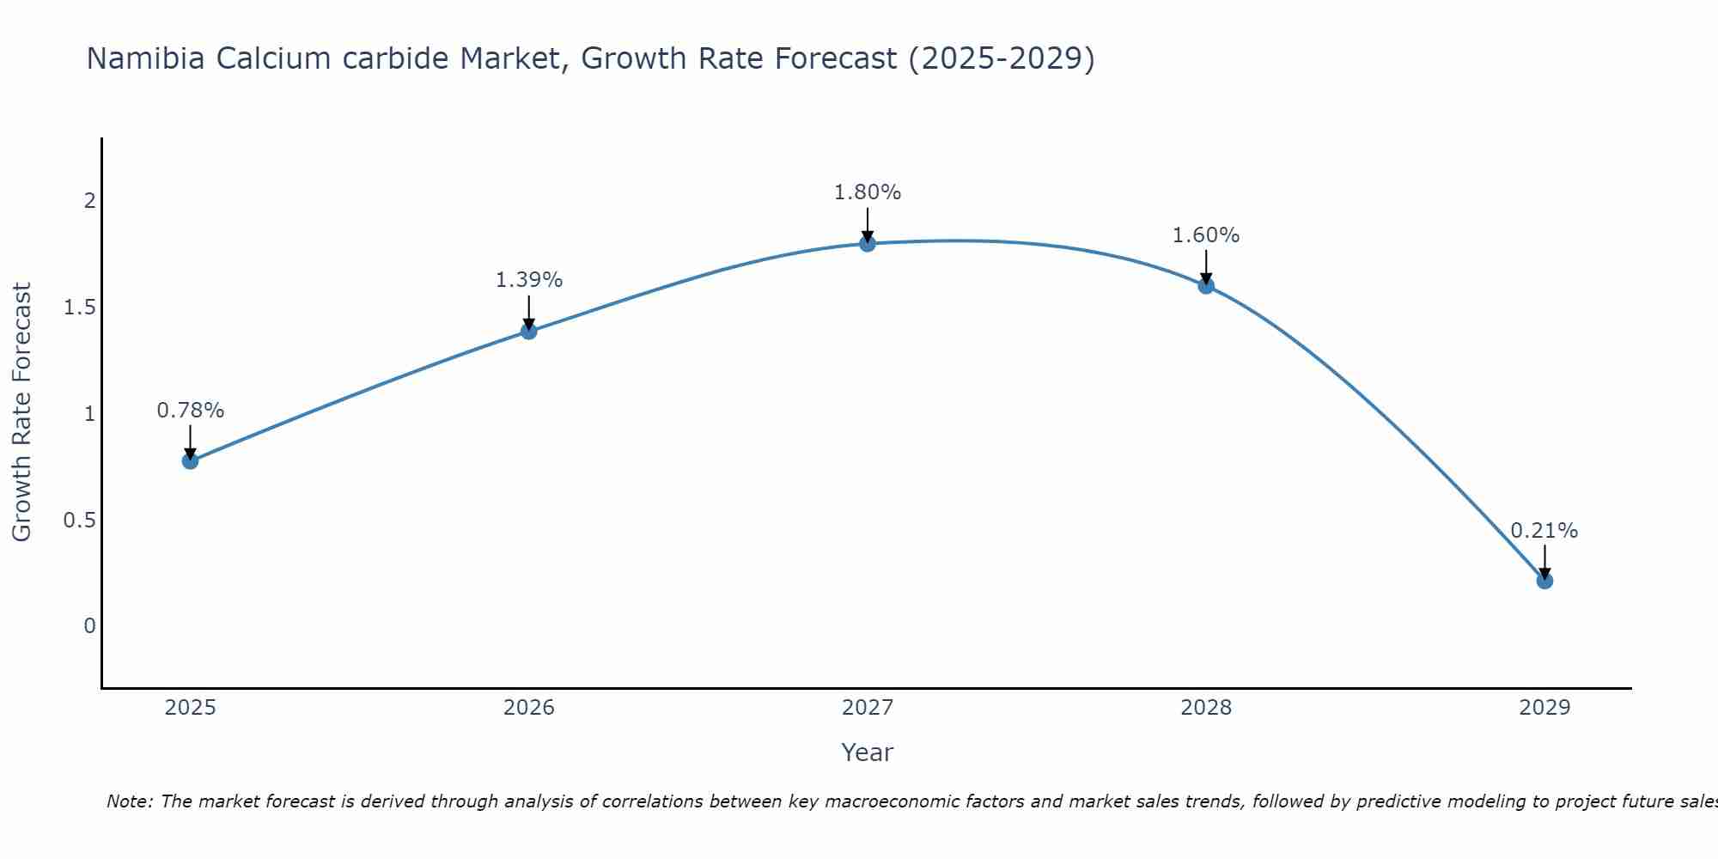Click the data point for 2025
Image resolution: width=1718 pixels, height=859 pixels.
pos(190,460)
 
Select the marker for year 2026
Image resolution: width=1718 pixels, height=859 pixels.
pos(528,331)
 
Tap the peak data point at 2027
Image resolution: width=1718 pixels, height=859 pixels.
pos(867,243)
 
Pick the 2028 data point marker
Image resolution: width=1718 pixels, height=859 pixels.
pos(1205,285)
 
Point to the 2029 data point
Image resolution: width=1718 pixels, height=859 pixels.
pos(1544,581)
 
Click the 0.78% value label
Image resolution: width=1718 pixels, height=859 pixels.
pos(190,411)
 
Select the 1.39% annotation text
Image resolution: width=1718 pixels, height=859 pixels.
pos(528,280)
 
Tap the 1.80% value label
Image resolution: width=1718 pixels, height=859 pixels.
pos(867,192)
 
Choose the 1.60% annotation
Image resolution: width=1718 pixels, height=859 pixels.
pos(1205,235)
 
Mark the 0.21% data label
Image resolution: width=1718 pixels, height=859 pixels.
pos(1544,531)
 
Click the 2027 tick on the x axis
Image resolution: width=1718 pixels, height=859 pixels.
pos(867,708)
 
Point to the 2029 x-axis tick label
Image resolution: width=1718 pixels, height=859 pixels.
pos(1544,708)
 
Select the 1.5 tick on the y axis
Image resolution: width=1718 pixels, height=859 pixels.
pos(79,308)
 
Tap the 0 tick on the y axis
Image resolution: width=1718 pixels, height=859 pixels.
pos(89,626)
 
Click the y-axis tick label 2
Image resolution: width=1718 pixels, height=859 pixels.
pos(89,201)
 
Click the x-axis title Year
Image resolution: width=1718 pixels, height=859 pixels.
pos(867,752)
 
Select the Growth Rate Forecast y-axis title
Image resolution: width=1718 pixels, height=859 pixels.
pos(22,412)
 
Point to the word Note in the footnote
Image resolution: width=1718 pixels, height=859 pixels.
pos(129,801)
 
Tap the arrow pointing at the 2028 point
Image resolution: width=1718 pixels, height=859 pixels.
pos(1205,266)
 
